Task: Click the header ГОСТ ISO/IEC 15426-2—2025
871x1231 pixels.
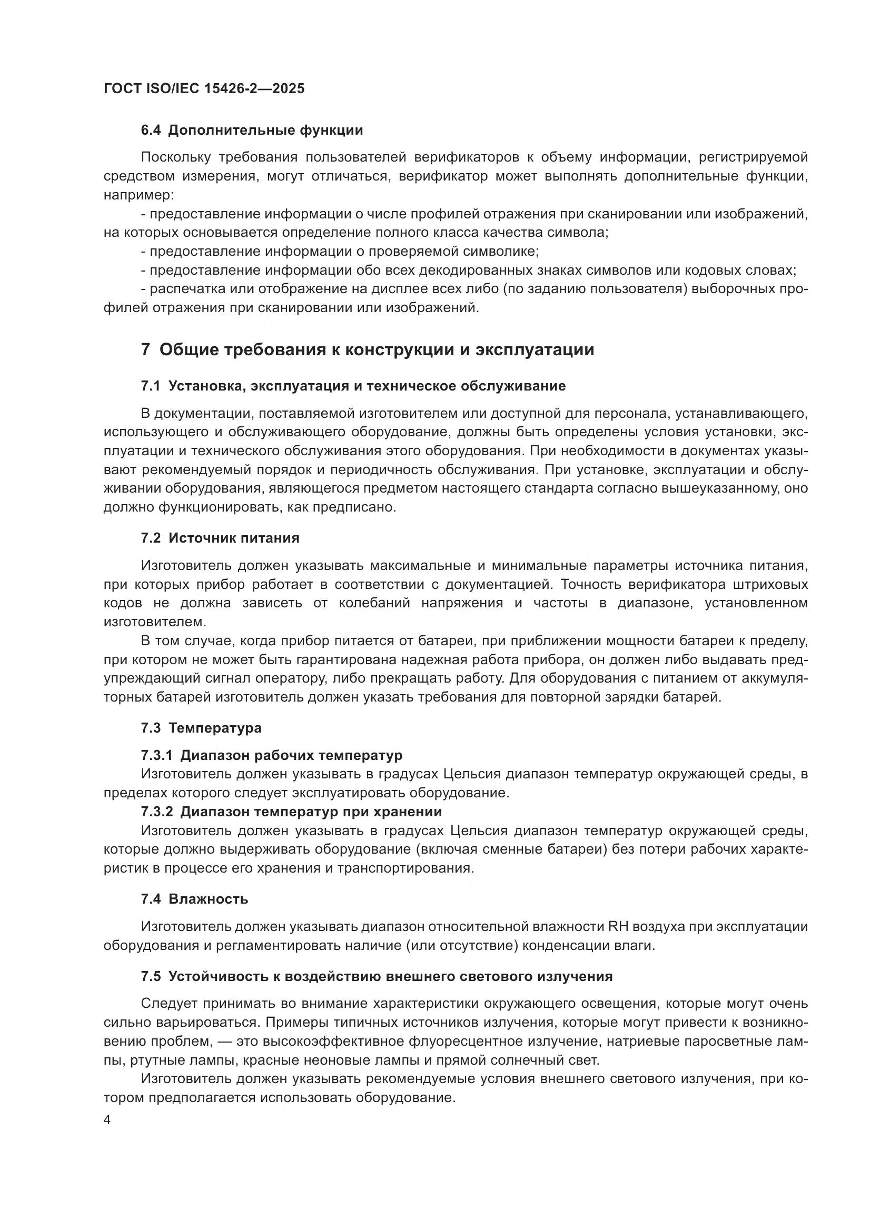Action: [204, 88]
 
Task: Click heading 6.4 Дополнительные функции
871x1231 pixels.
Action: [252, 131]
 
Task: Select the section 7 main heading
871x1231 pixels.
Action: [368, 350]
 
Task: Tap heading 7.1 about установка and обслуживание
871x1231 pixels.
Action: [353, 386]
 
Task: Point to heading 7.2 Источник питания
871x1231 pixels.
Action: [220, 538]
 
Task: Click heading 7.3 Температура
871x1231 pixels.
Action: [201, 728]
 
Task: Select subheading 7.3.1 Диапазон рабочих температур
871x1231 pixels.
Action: [271, 755]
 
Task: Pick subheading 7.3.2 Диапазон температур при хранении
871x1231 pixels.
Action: [291, 812]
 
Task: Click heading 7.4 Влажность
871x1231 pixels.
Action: [194, 899]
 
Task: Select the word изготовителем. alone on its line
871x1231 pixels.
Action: [154, 622]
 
